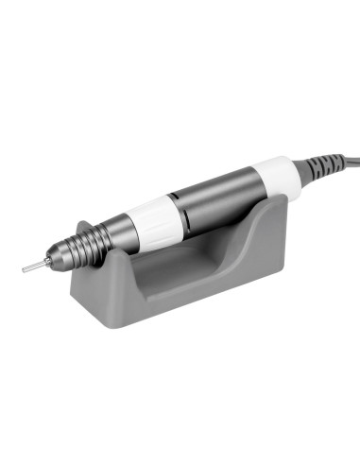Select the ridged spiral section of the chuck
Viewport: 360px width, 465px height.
(81, 249)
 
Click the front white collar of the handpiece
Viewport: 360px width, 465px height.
(156, 219)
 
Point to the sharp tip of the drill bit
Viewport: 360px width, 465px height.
(23, 270)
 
